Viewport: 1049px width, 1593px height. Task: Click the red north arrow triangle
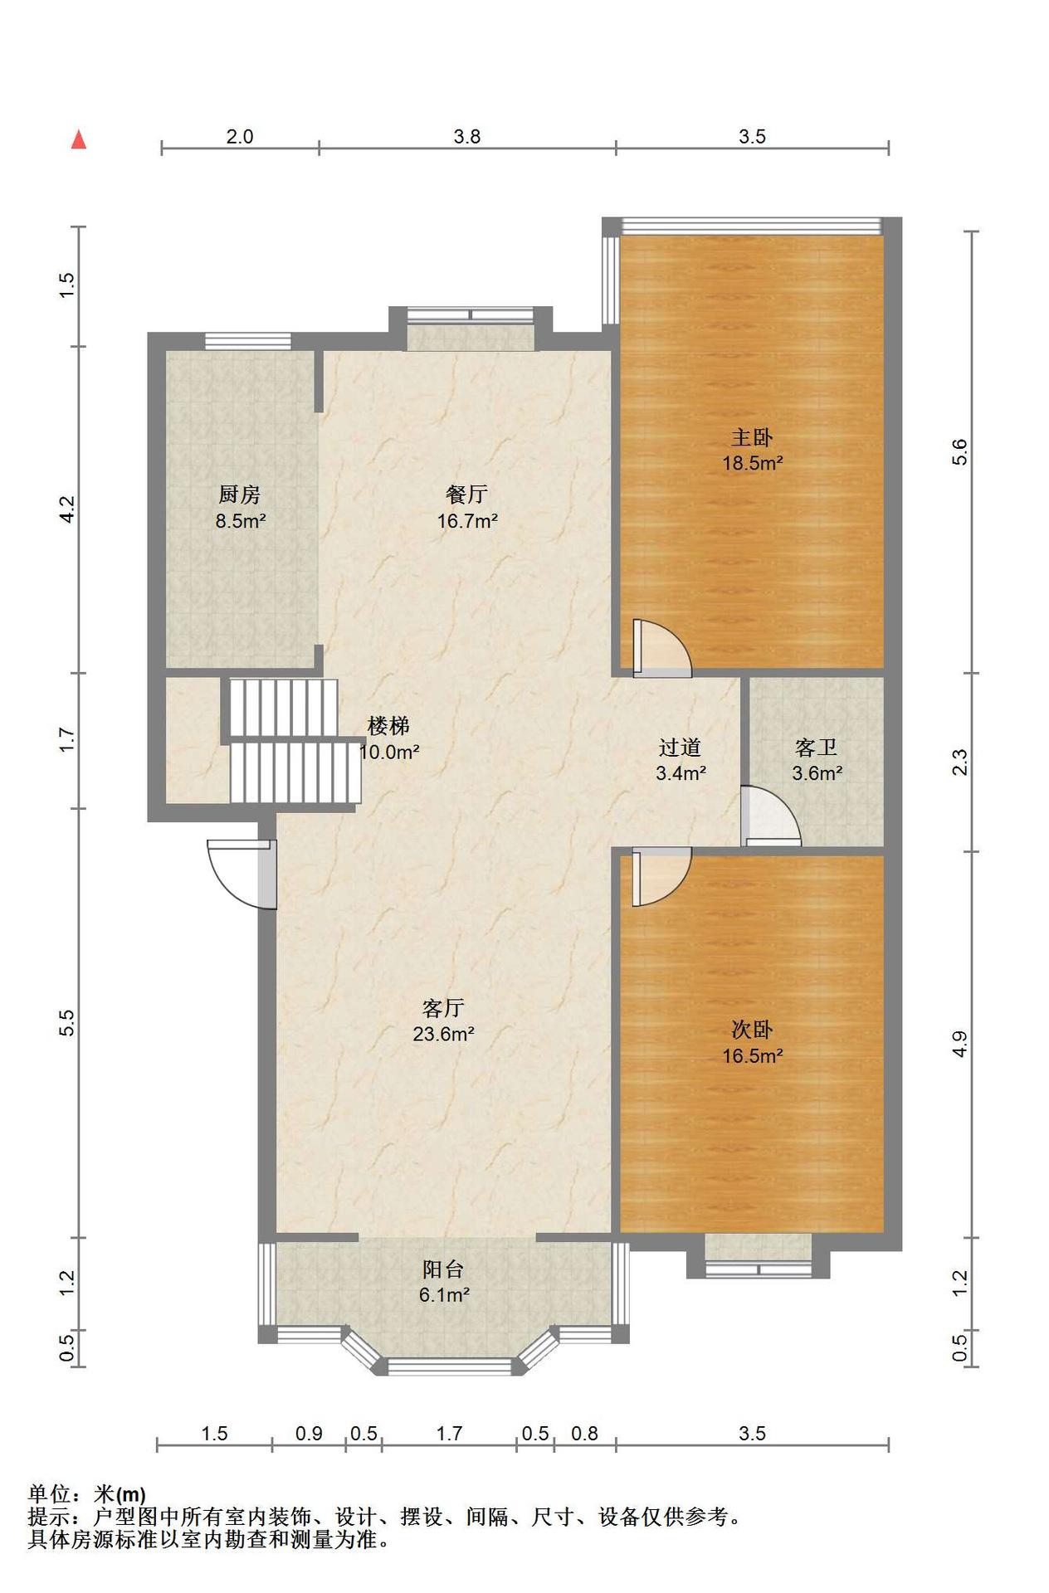pos(79,139)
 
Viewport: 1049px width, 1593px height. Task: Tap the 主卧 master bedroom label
pos(752,437)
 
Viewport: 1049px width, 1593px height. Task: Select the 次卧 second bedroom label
pos(752,1030)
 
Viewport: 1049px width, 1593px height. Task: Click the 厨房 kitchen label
pos(240,494)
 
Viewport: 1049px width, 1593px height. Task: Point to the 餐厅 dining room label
pos(466,494)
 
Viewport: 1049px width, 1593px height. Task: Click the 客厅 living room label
pos(443,1008)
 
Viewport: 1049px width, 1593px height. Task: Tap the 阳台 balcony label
pos(443,1269)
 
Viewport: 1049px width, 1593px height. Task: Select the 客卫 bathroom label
pos(816,748)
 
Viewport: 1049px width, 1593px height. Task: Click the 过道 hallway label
pos(681,748)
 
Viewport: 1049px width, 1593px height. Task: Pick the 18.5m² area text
pos(753,463)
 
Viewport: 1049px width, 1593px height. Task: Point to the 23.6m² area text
pos(444,1034)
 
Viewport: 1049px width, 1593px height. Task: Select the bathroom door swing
pos(771,816)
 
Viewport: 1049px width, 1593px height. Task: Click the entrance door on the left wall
pos(241,874)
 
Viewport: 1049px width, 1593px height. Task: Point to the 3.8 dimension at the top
pos(467,137)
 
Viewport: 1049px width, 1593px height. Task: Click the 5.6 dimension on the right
pos(959,451)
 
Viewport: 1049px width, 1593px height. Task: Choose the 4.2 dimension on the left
pos(68,509)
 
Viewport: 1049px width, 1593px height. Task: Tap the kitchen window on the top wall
pos(248,340)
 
